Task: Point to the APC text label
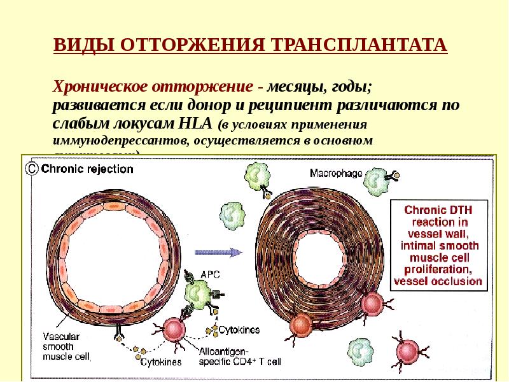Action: (x=209, y=275)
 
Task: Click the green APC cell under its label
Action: (x=200, y=294)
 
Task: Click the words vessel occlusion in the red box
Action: (x=438, y=281)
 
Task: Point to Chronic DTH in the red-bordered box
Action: (x=439, y=209)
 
